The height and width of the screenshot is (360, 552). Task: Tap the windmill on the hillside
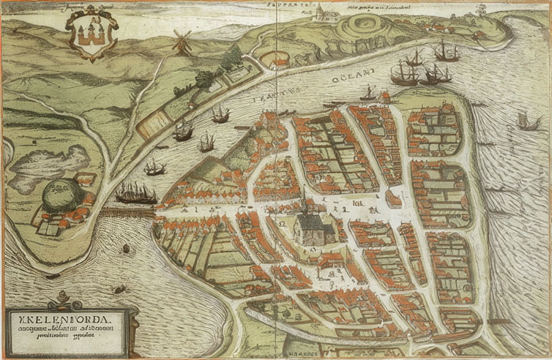(179, 42)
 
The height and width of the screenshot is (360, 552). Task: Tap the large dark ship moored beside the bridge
(135, 195)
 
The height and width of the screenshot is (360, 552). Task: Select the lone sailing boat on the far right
(523, 119)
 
